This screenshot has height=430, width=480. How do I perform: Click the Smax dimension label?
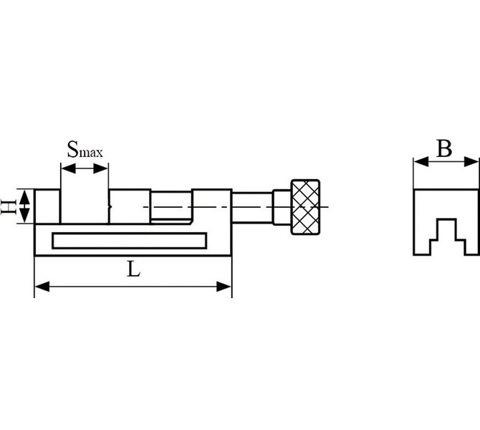click(x=85, y=150)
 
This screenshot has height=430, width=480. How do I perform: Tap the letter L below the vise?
click(x=133, y=269)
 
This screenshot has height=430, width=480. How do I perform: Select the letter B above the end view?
click(x=444, y=149)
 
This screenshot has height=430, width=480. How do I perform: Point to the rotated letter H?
click(x=9, y=206)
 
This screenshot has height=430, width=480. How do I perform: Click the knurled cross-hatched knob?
click(x=305, y=207)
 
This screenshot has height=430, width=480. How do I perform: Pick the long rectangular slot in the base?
click(x=129, y=241)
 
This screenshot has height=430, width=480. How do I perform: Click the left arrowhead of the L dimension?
click(x=42, y=287)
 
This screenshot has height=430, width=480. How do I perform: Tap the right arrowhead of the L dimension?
click(x=224, y=287)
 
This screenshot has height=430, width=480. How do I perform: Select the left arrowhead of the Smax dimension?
click(x=68, y=168)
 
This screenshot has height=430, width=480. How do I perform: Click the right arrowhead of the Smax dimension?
click(x=101, y=168)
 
